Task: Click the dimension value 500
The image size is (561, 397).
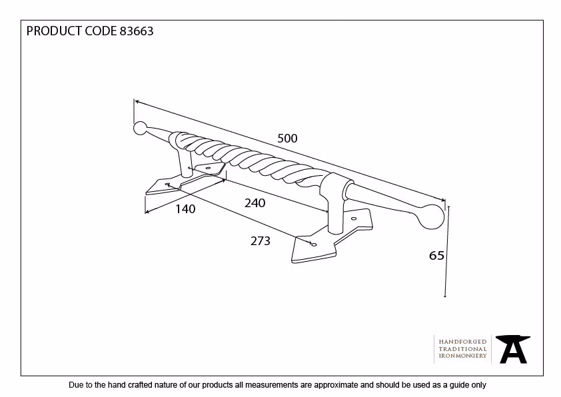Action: (287, 139)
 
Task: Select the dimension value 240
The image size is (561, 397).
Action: (255, 203)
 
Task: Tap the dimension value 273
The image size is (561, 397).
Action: (260, 241)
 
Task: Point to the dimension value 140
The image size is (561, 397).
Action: (185, 209)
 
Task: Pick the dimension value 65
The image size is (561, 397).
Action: (436, 255)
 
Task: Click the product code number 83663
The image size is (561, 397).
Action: (137, 31)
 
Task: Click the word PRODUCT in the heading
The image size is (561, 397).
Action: (54, 31)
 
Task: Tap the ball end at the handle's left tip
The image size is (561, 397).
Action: (140, 129)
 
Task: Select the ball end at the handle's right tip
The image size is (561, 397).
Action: (431, 216)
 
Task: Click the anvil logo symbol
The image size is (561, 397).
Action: (513, 349)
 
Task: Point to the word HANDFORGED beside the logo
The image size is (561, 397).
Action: (462, 342)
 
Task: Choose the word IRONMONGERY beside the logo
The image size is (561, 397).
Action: (462, 356)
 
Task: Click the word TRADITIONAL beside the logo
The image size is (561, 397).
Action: (462, 349)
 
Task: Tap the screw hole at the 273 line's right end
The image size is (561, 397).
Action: (314, 244)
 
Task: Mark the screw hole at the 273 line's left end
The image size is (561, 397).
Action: (167, 185)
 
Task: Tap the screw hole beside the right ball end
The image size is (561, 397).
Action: (354, 218)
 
